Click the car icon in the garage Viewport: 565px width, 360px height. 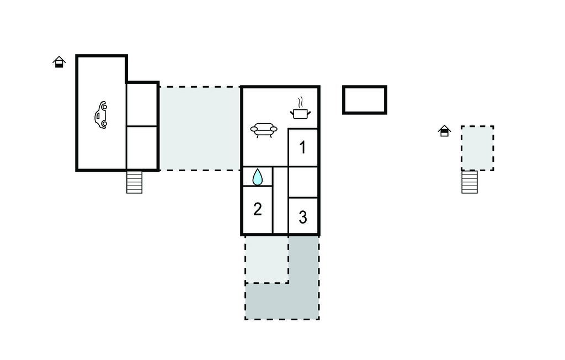click(101, 115)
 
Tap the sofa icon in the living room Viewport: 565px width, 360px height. click(264, 130)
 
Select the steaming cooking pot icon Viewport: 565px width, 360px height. click(300, 108)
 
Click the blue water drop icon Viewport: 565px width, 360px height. click(257, 177)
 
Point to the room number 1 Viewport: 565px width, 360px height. click(303, 147)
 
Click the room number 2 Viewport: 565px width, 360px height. click(257, 209)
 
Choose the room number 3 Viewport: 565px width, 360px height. click(303, 217)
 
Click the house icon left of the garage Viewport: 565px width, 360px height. click(59, 62)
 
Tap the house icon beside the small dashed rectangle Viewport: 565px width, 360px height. click(444, 130)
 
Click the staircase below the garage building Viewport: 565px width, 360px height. click(135, 182)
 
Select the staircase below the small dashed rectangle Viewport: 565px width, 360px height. click(470, 182)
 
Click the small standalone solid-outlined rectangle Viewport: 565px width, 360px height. click(365, 100)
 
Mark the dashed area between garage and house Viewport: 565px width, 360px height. click(200, 129)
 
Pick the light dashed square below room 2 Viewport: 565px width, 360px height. click(266, 260)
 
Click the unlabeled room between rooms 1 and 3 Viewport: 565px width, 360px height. click(303, 182)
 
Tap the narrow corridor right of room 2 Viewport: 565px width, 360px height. click(280, 200)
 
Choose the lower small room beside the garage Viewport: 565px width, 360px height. click(142, 147)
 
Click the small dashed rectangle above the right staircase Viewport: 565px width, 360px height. click(477, 149)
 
